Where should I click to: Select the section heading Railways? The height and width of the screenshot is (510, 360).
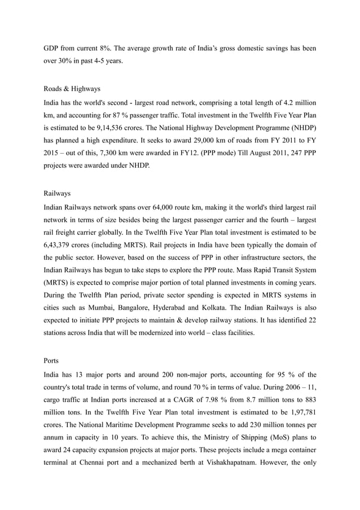point(57,193)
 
